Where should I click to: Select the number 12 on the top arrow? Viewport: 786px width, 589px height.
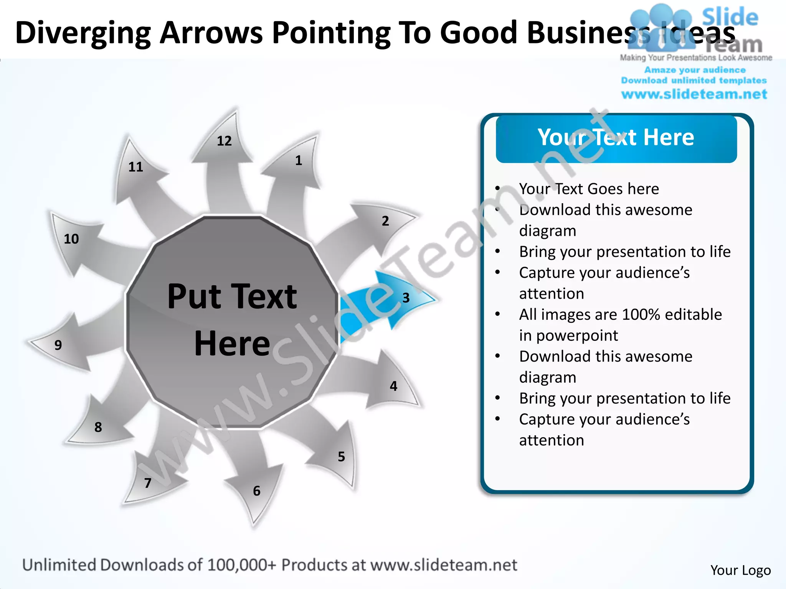coord(224,141)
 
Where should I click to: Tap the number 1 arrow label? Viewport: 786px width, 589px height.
coord(299,160)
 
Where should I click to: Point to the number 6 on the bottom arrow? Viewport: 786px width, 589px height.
coord(257,491)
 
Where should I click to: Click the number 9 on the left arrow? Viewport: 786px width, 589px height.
coord(58,345)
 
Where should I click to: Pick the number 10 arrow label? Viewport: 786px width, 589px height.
coord(71,239)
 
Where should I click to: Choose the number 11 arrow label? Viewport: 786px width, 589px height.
coord(135,167)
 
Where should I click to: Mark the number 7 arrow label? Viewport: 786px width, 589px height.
coord(148,483)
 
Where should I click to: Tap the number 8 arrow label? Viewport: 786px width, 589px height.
coord(98,427)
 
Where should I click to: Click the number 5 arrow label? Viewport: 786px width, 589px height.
coord(341,457)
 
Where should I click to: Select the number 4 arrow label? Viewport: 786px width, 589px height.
coord(393,386)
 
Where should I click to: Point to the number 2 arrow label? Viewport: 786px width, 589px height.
coord(385,221)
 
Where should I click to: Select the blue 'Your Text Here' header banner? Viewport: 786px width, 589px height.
coord(616,138)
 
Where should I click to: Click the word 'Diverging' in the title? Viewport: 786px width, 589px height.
coord(83,33)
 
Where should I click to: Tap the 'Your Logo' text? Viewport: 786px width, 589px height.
coord(740,570)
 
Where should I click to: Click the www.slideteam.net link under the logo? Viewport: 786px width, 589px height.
coord(694,94)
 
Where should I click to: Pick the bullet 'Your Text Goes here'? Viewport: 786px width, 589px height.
coord(589,189)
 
